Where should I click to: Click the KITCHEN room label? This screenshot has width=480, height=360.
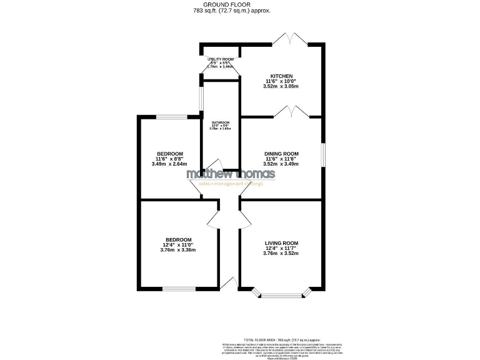281,76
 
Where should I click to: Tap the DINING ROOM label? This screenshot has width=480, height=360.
281,154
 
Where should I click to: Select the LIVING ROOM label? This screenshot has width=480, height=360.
281,243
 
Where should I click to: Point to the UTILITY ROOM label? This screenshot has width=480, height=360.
220,59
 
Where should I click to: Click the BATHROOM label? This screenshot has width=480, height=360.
220,122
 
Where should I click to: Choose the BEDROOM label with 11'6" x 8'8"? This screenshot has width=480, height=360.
169,154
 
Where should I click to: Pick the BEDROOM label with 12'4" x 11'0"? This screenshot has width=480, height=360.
178,239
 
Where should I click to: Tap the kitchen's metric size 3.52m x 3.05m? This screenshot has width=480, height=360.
281,86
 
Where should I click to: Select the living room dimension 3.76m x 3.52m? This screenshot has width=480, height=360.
281,253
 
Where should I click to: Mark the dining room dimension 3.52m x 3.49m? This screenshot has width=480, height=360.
281,164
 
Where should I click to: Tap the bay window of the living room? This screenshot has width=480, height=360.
282,292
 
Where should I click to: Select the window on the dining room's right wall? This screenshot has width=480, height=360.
323,155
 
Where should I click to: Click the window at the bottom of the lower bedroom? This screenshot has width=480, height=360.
178,287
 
